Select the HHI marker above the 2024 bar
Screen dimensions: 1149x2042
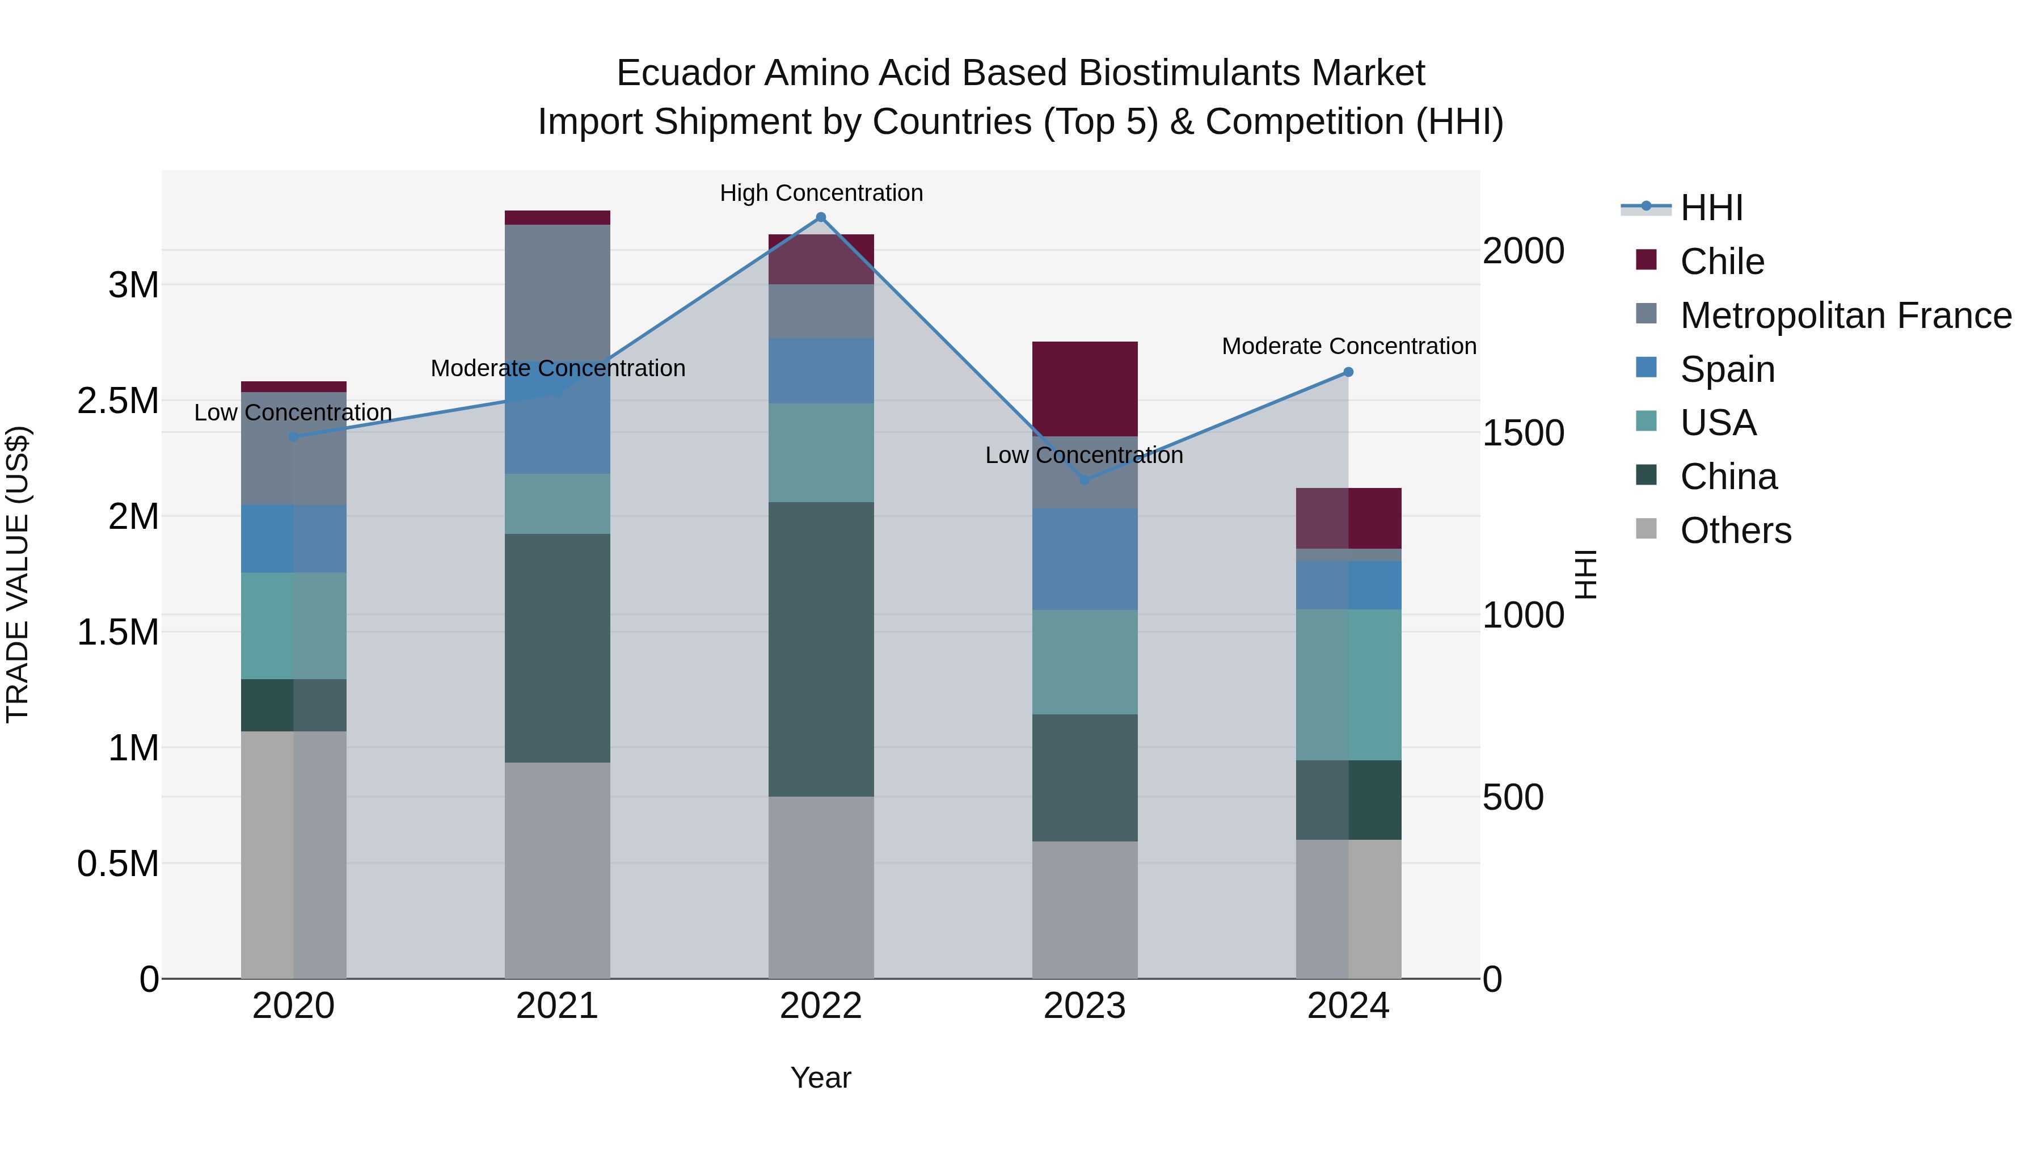click(x=1348, y=372)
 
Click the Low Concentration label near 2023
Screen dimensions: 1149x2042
click(x=1083, y=455)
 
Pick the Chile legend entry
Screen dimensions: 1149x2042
click(x=1721, y=262)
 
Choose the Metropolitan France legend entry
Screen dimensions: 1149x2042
click(x=1845, y=315)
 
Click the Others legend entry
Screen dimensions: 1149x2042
click(x=1735, y=531)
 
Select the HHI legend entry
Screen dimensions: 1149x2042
click(x=1711, y=208)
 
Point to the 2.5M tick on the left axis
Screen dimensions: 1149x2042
click(x=118, y=401)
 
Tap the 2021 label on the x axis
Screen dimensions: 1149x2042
click(x=556, y=1006)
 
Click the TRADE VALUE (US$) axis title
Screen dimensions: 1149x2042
click(x=18, y=574)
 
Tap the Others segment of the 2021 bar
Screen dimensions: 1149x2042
click(x=556, y=870)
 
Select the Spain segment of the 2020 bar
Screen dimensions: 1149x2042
click(x=293, y=538)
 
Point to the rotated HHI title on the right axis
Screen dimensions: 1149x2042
click(x=1585, y=574)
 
